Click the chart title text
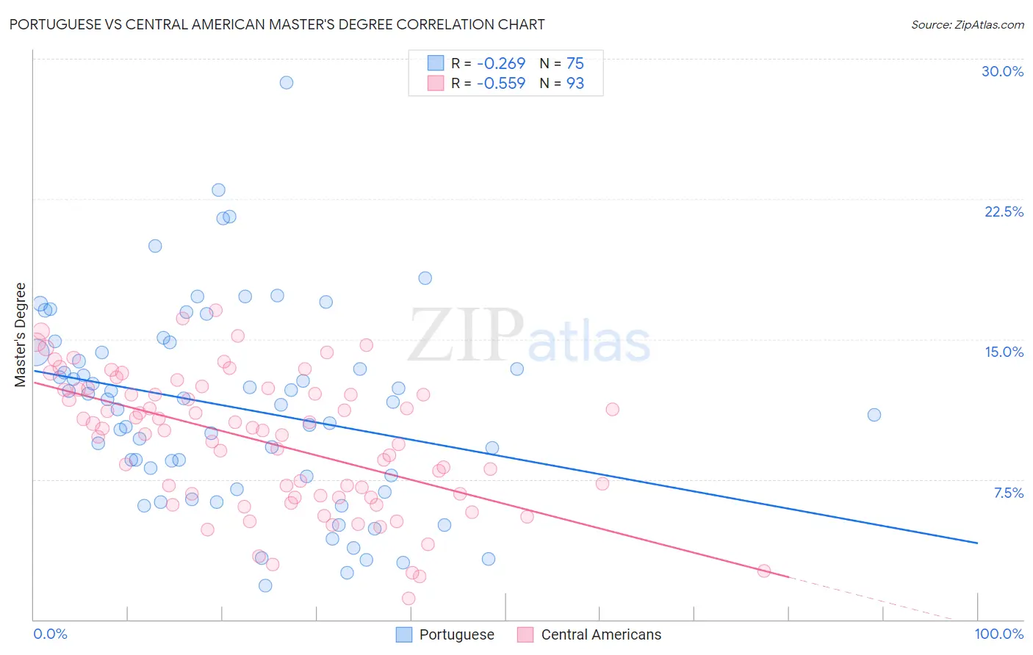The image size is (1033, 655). (276, 24)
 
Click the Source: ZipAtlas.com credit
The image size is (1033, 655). (967, 24)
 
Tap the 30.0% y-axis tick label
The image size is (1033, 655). (1002, 71)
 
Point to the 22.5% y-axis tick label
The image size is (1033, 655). (1004, 211)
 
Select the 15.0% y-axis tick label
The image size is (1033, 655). (1004, 352)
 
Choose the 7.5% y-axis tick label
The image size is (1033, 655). (1008, 493)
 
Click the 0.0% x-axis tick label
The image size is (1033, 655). (50, 634)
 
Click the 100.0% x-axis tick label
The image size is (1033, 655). (998, 634)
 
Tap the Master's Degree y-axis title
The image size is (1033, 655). (21, 335)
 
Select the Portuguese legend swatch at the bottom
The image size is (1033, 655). (404, 634)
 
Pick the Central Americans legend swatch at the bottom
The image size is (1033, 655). (525, 634)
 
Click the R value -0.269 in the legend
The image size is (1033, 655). (500, 63)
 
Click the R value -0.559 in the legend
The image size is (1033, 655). (500, 83)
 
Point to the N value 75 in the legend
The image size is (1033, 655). (575, 63)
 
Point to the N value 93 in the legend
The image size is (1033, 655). (575, 83)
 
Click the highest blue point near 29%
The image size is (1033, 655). (287, 82)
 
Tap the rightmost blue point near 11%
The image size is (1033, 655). (874, 415)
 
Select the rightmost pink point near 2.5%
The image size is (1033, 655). (764, 571)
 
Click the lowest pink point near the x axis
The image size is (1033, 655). (408, 598)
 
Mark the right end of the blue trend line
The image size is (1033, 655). (977, 543)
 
